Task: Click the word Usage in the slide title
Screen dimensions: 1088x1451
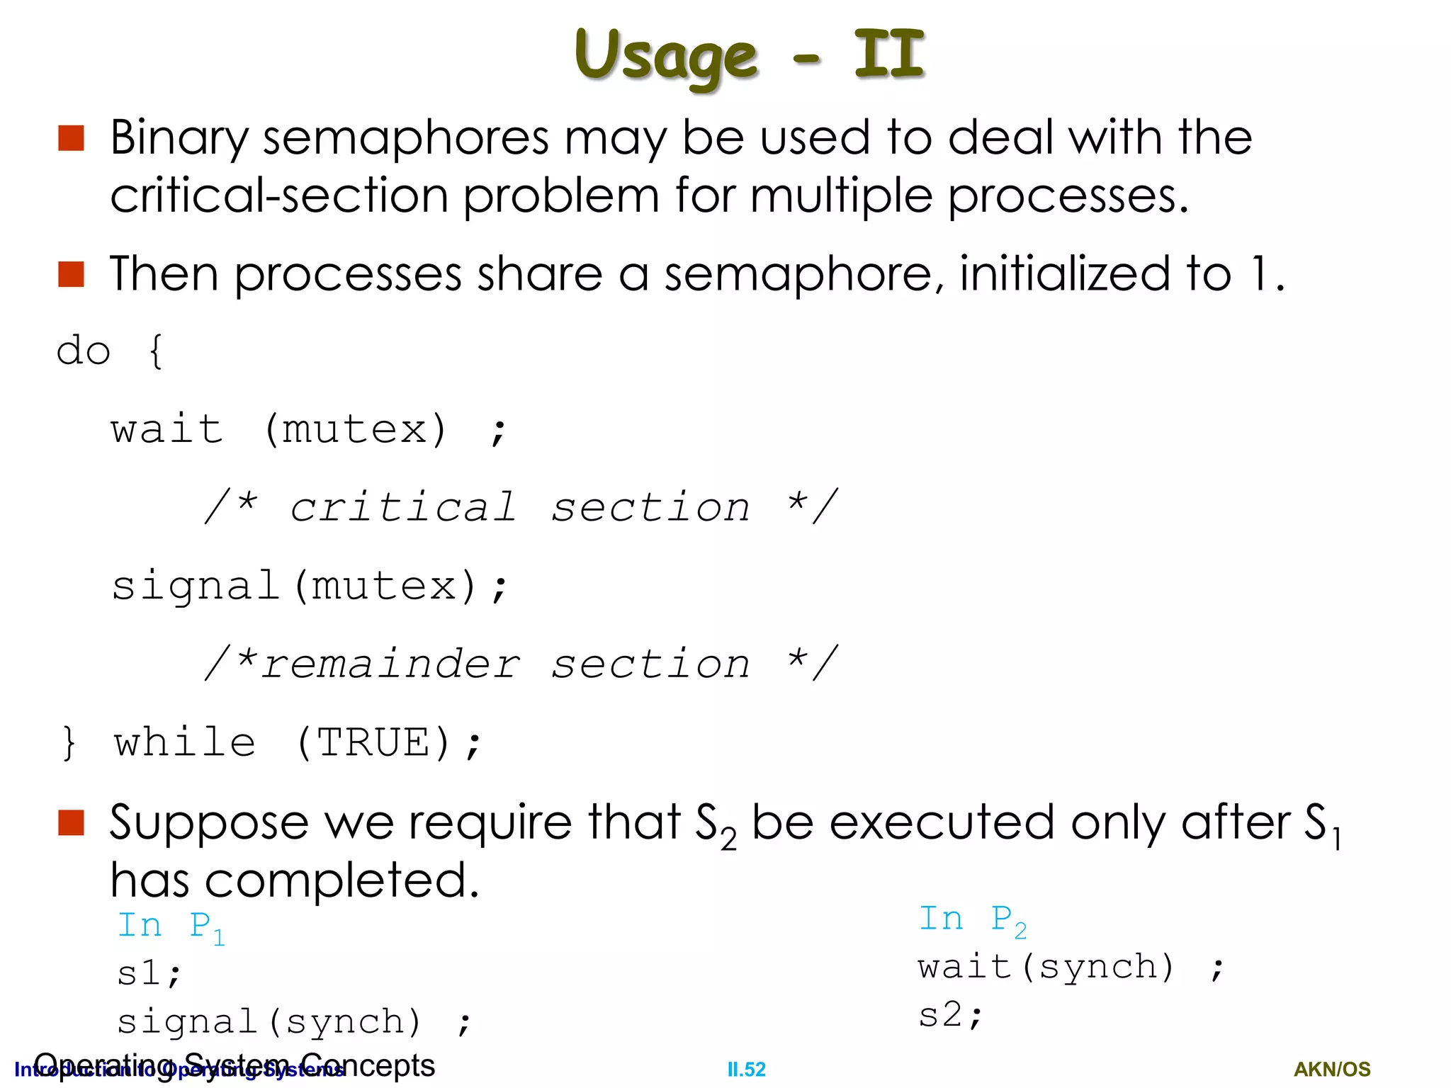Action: [x=666, y=57]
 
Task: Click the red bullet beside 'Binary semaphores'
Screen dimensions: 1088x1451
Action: [x=71, y=138]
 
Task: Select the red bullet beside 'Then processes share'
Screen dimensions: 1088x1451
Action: [x=71, y=274]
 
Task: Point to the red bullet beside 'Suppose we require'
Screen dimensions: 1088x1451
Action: [x=71, y=822]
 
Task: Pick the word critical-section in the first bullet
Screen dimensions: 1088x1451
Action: [x=279, y=196]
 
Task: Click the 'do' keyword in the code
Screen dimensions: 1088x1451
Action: [x=84, y=351]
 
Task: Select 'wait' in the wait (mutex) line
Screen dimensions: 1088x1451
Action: [x=167, y=429]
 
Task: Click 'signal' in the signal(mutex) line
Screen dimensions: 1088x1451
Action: [x=196, y=586]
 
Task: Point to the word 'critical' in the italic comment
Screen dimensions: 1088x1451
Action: [x=403, y=507]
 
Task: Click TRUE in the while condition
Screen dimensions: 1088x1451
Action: [x=373, y=743]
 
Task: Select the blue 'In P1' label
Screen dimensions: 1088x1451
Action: [x=171, y=926]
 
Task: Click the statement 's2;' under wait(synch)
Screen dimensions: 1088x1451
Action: [x=949, y=1015]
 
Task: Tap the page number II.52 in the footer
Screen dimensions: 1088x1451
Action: [x=746, y=1070]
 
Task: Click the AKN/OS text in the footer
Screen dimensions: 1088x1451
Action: [x=1332, y=1070]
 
